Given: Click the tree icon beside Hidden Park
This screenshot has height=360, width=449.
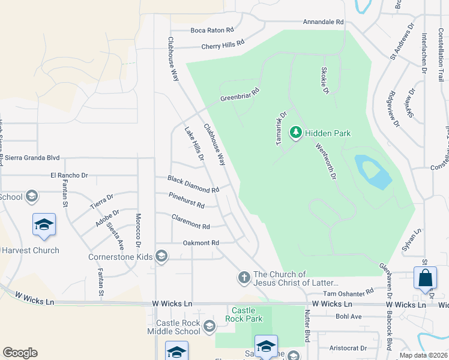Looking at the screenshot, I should (x=295, y=133).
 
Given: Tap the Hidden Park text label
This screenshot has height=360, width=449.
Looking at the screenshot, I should (x=327, y=133).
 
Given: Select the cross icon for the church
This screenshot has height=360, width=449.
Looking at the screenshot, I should (x=244, y=277).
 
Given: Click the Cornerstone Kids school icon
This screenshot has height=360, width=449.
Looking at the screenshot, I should (x=161, y=256).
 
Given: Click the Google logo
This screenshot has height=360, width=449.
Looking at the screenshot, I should (x=20, y=353).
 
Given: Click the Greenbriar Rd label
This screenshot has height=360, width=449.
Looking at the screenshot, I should (x=239, y=94).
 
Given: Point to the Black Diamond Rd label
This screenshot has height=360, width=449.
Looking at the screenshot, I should (x=193, y=185).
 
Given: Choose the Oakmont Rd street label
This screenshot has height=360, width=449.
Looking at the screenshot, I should (x=200, y=243).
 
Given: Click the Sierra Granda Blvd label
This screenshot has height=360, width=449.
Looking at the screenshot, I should (x=32, y=158).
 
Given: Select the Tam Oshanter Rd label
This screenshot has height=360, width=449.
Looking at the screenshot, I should (x=348, y=293).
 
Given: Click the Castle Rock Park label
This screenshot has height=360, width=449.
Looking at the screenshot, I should (x=244, y=315).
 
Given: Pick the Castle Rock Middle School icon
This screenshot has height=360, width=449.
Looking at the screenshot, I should (x=209, y=326).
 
